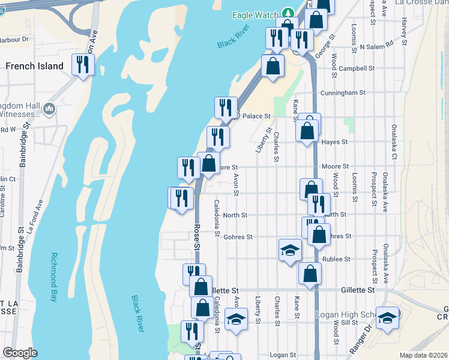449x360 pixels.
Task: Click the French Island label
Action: pyautogui.click(x=34, y=66)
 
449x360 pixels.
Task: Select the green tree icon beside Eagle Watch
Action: pyautogui.click(x=288, y=14)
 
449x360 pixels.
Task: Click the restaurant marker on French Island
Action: pyautogui.click(x=82, y=64)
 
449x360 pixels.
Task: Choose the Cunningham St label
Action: pyautogui.click(x=343, y=93)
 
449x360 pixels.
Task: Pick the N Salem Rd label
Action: pyautogui.click(x=377, y=44)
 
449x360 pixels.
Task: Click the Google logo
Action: pyautogui.click(x=20, y=353)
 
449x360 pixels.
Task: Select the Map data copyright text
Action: pyautogui.click(x=423, y=355)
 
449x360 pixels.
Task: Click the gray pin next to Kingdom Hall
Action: pyautogui.click(x=49, y=109)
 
